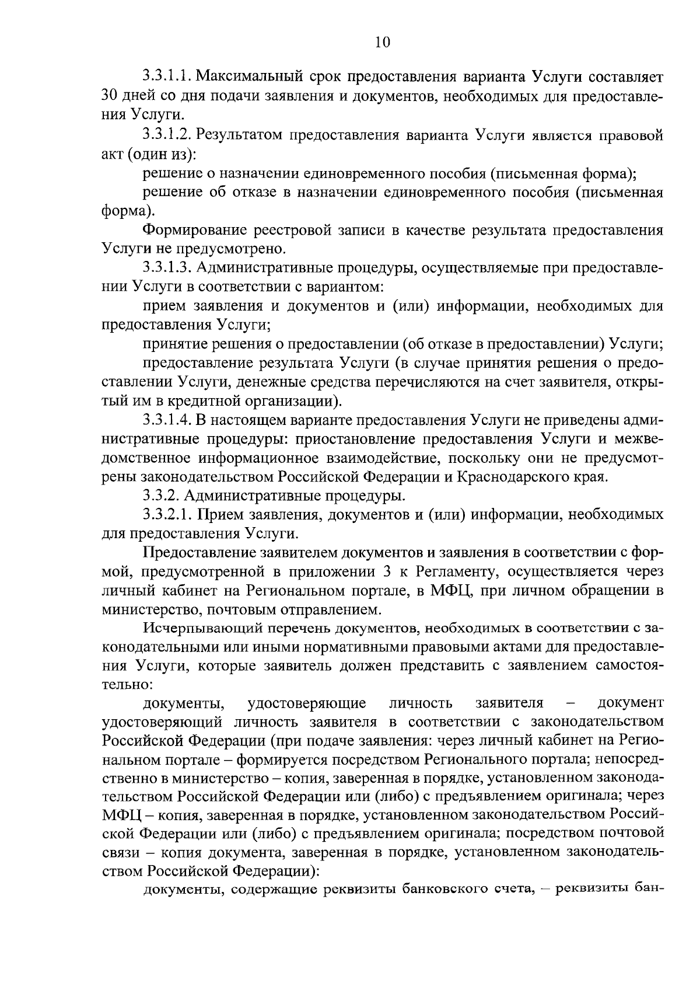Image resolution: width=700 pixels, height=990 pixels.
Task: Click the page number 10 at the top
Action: (x=383, y=42)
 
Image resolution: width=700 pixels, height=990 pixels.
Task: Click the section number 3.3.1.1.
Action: (x=167, y=76)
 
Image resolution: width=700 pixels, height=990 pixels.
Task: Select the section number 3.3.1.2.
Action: (x=167, y=135)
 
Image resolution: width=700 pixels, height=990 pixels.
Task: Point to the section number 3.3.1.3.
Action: (x=167, y=268)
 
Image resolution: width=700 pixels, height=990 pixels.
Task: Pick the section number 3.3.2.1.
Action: (x=167, y=515)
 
